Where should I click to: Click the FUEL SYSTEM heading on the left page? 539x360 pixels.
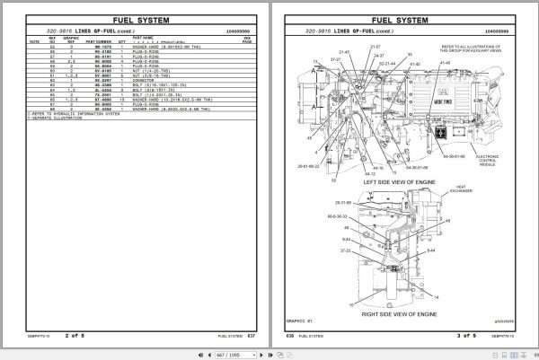pos(134,18)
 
